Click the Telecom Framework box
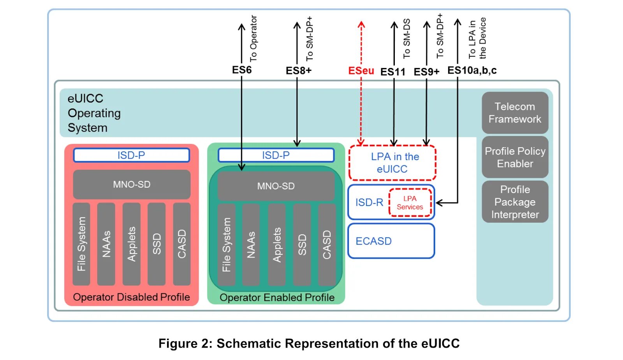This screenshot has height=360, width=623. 515,112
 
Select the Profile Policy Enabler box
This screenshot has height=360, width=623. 515,157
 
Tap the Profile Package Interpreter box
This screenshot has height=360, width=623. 515,202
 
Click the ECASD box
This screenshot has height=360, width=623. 391,241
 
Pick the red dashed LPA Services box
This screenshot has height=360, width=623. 410,203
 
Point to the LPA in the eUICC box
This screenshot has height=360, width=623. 392,163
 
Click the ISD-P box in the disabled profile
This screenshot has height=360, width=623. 132,155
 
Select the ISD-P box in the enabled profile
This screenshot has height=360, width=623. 276,155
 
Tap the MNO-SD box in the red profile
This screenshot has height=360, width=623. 132,184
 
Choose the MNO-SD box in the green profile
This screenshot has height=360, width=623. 276,186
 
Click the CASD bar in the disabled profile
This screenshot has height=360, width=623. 181,244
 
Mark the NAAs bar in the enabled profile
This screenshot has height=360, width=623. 251,245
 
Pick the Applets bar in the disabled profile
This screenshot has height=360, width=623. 131,244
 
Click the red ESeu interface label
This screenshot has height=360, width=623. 361,70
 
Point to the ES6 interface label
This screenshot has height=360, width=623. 242,70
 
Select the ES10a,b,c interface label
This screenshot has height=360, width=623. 472,70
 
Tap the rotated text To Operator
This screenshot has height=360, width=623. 253,39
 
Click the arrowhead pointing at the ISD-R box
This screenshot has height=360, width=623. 439,203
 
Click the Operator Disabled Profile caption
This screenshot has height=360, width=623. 131,297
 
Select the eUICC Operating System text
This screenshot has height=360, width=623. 94,113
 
